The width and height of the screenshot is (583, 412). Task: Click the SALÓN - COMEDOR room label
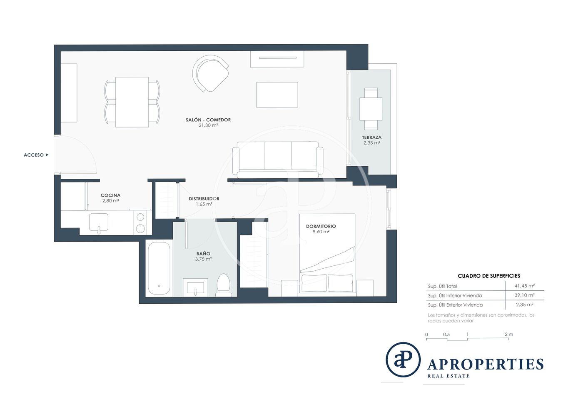point(208,120)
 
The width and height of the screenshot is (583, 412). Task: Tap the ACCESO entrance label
point(34,155)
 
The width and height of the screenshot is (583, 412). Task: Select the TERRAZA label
point(371,137)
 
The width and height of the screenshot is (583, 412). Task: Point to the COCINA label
point(111,195)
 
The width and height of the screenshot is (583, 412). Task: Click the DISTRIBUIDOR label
point(204,199)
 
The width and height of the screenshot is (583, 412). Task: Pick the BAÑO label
point(203,253)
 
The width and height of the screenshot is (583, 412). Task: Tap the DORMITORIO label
point(321,226)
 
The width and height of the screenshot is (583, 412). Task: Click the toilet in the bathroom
point(224,285)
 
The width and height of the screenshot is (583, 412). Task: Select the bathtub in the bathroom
point(159,269)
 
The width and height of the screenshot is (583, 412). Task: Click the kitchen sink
point(99,222)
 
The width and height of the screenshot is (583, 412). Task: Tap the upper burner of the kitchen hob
point(141,217)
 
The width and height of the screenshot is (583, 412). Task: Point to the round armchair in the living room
point(211,73)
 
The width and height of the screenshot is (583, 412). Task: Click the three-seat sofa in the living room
point(278,160)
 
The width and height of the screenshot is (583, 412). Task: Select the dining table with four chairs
point(132,102)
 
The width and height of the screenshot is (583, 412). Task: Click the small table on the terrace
point(371,109)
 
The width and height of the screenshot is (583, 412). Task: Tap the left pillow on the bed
point(314,283)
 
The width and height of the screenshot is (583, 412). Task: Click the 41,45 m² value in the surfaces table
point(524,286)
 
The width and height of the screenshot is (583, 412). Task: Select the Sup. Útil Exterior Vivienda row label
point(455,305)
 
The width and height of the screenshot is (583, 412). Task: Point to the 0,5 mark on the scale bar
point(446,335)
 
